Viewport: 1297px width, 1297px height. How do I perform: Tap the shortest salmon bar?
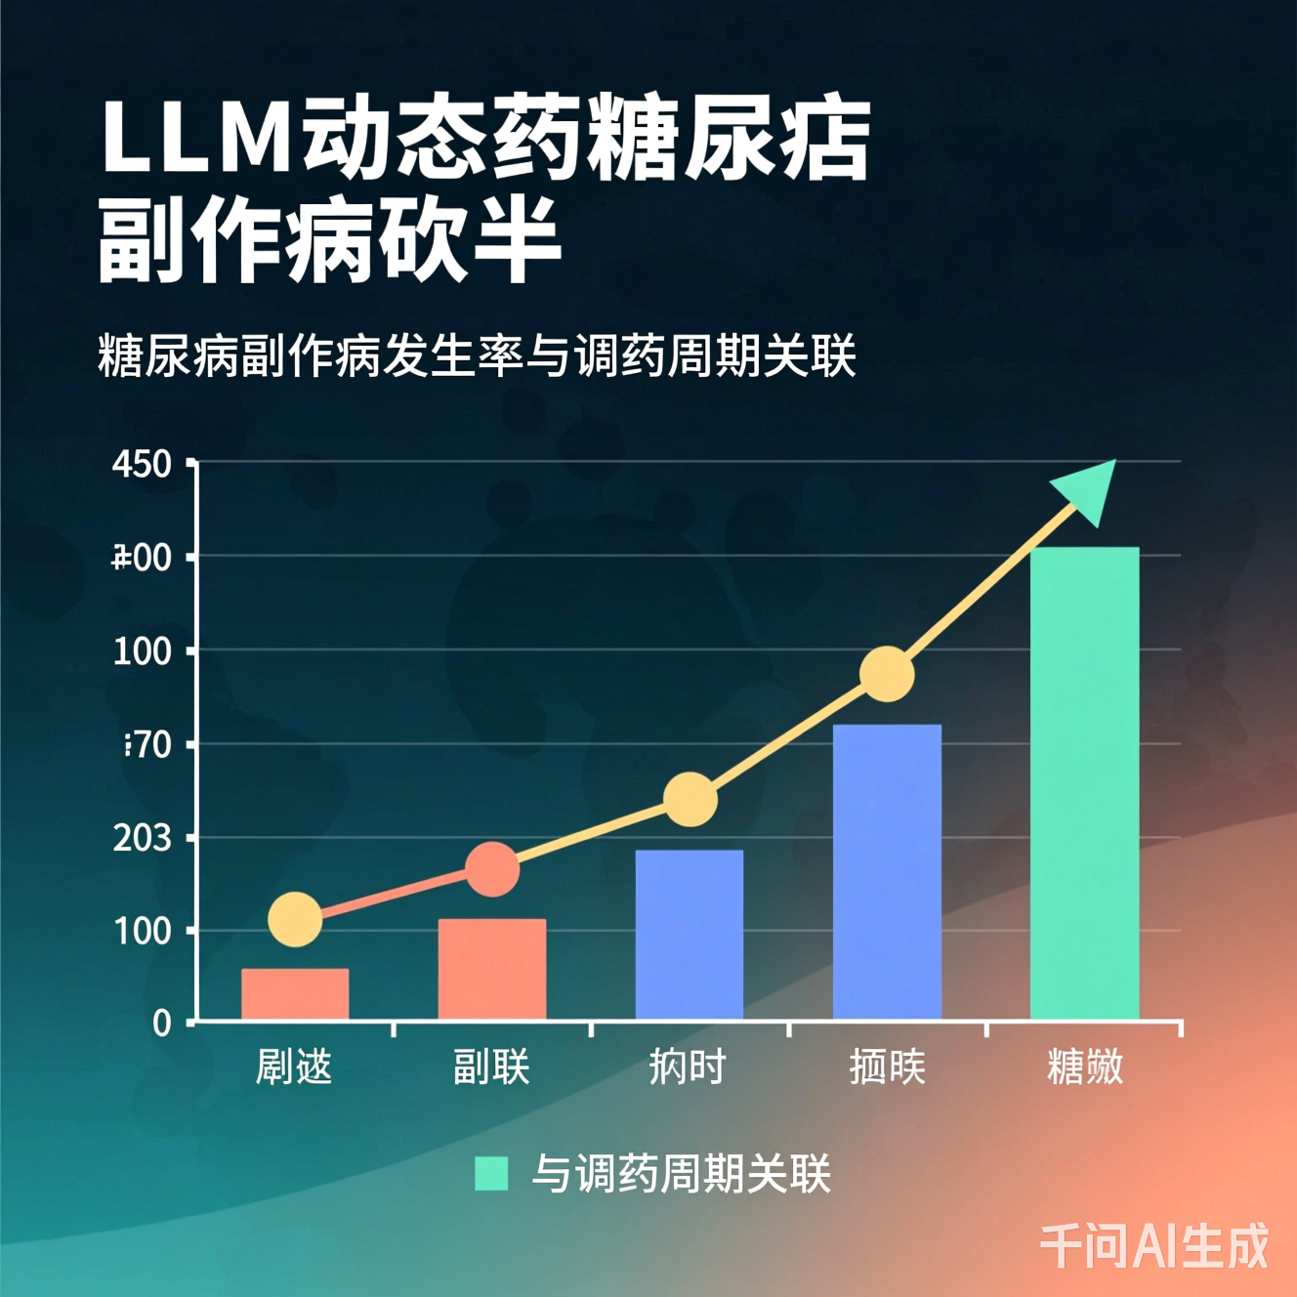point(295,994)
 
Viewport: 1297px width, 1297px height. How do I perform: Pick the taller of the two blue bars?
point(887,872)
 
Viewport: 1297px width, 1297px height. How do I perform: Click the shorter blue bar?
point(690,935)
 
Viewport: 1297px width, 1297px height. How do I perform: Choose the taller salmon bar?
point(492,969)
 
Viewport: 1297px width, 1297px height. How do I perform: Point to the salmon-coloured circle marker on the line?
point(492,869)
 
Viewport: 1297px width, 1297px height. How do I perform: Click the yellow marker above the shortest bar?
point(295,919)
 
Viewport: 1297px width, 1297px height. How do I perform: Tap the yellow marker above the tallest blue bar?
point(887,674)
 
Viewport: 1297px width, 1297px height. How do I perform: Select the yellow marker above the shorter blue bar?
point(690,799)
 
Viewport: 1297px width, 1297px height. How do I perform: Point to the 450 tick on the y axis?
point(142,464)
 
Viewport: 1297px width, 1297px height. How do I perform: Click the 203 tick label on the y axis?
point(142,838)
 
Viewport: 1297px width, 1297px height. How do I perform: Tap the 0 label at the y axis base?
point(162,1023)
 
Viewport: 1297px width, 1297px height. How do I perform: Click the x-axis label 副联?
point(491,1067)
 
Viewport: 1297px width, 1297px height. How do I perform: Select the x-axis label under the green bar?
point(1085,1067)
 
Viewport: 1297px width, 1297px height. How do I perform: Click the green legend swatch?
point(491,1173)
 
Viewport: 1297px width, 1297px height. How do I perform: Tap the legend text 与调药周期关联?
point(681,1173)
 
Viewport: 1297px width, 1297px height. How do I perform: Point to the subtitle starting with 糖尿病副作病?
point(477,356)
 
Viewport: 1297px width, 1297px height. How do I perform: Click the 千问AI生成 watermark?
point(1153,1245)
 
